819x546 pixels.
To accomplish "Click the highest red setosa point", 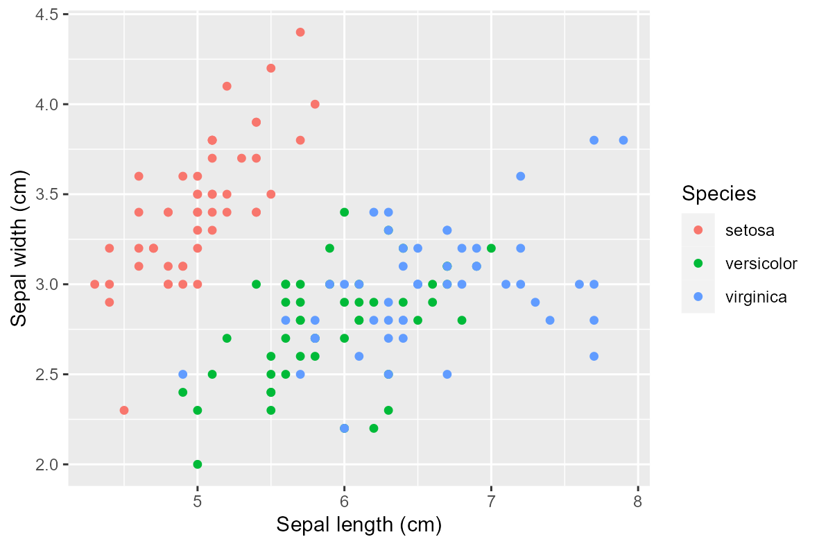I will (300, 32).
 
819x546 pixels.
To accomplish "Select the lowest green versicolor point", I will (198, 464).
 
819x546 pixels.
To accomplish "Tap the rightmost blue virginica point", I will (623, 140).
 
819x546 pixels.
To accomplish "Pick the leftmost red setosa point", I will (95, 284).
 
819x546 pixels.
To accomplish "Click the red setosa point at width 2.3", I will (124, 410).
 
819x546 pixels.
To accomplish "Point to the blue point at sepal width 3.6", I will (521, 176).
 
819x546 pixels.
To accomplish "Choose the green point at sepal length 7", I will (491, 248).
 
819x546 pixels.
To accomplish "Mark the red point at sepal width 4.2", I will (271, 68).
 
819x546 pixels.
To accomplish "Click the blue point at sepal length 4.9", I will (183, 374).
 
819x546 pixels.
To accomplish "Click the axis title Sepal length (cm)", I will (359, 525).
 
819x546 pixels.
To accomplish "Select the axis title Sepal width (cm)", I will (19, 248).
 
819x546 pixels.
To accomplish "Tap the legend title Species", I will (718, 194).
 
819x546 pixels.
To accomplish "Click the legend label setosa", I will (749, 230).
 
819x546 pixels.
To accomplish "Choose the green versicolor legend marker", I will (698, 264).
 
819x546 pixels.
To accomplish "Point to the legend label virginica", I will (756, 298).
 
